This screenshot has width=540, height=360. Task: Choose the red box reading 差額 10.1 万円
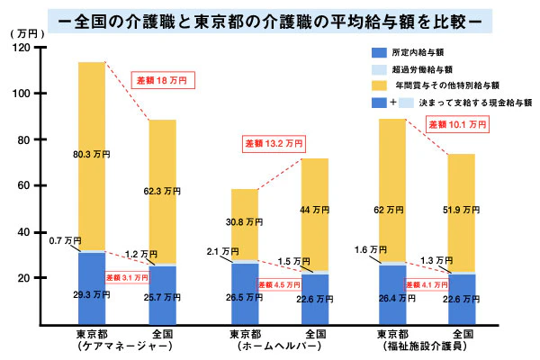pyautogui.click(x=457, y=123)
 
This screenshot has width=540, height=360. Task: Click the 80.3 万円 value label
pyautogui.click(x=91, y=155)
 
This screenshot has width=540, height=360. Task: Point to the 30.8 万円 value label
pyautogui.click(x=244, y=221)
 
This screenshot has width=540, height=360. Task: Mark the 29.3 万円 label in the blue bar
pyautogui.click(x=91, y=294)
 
